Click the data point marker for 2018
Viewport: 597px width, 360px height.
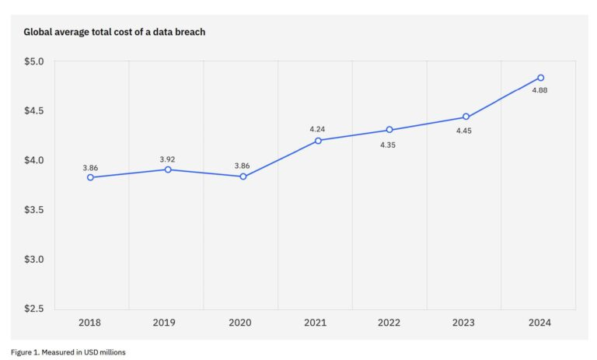tap(91, 177)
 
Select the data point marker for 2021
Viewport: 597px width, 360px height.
tap(318, 141)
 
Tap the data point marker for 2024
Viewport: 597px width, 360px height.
tap(540, 78)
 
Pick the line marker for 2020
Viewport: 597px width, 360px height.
tap(243, 177)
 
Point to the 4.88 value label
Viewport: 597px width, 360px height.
tap(540, 90)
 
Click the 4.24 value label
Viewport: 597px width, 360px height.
tap(318, 128)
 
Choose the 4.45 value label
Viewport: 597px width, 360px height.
tap(463, 131)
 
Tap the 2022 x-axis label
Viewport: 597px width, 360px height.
tap(389, 322)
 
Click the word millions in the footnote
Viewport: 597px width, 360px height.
tap(108, 351)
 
